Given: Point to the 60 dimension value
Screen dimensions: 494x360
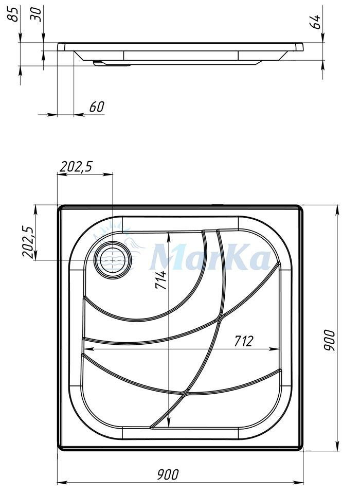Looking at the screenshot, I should coord(97,107).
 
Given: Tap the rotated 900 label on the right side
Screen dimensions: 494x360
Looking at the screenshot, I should coord(330,340).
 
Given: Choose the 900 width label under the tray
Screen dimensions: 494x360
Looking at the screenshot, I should coord(168,474).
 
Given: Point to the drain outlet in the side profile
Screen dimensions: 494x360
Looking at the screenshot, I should coord(111,63).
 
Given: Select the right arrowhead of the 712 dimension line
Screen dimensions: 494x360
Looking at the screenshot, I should coord(275,349).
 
